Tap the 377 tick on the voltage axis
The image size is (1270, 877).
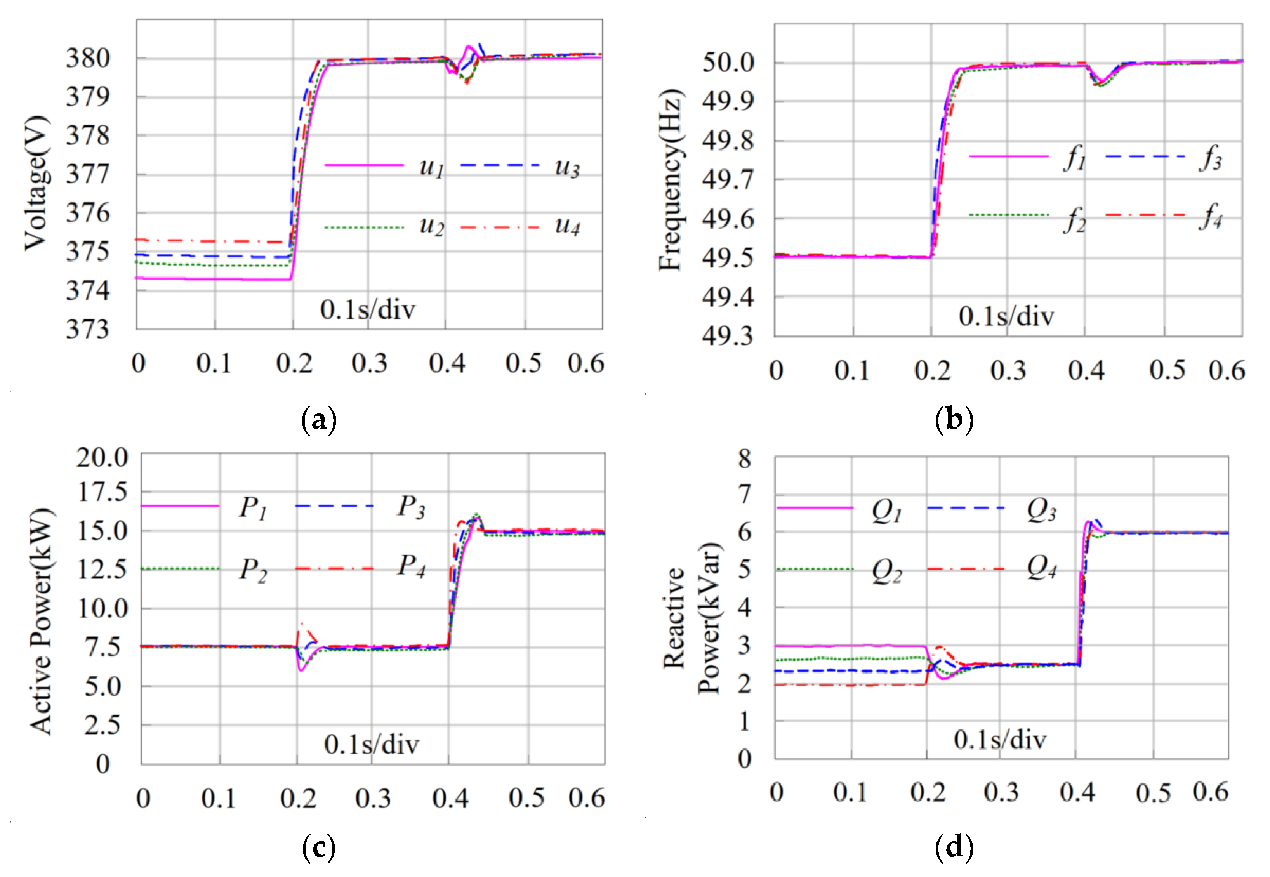(87, 175)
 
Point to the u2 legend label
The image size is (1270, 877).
(431, 226)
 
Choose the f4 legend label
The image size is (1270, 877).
(1211, 216)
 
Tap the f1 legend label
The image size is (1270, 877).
(1074, 158)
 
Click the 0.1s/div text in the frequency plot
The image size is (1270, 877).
(1006, 316)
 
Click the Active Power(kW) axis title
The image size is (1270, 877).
(42, 622)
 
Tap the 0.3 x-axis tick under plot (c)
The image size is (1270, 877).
(373, 798)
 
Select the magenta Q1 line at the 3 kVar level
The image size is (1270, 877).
(852, 646)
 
